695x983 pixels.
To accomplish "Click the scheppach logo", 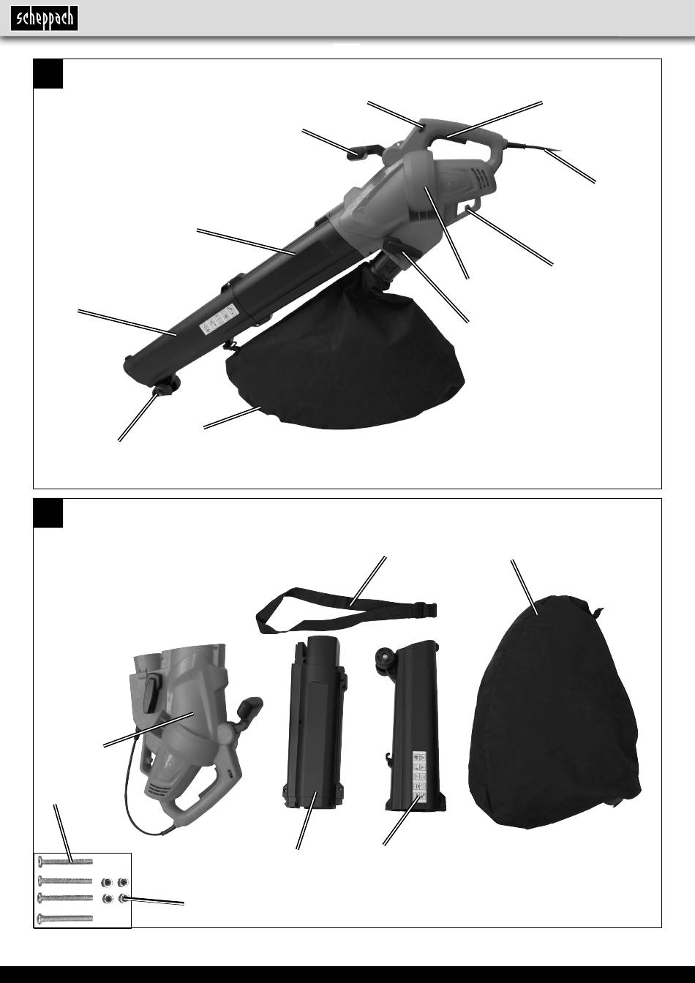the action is pyautogui.click(x=45, y=18).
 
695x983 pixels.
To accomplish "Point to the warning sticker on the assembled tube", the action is pyautogui.click(x=219, y=319).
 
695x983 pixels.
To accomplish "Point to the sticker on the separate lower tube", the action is pyautogui.click(x=419, y=777).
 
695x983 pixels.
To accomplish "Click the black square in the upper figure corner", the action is pyautogui.click(x=48, y=74).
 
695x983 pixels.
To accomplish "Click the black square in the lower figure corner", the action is pyautogui.click(x=48, y=513).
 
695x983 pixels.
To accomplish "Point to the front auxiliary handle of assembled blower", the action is pyautogui.click(x=365, y=152).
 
